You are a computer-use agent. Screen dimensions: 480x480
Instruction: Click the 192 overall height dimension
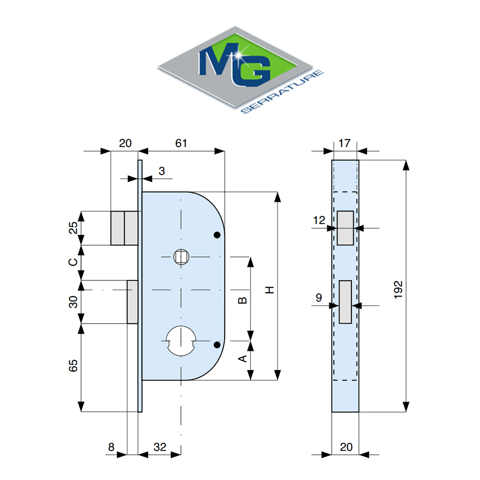pyautogui.click(x=398, y=289)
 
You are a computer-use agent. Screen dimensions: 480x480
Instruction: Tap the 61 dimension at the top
pyautogui.click(x=181, y=143)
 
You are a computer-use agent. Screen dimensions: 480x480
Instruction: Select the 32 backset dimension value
pyautogui.click(x=160, y=447)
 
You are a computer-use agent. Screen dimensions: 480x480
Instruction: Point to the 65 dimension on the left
pyautogui.click(x=73, y=365)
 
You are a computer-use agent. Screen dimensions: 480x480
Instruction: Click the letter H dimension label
pyautogui.click(x=269, y=290)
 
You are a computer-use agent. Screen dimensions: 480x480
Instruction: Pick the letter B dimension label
pyautogui.click(x=242, y=300)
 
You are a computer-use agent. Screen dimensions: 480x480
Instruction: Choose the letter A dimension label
pyautogui.click(x=242, y=359)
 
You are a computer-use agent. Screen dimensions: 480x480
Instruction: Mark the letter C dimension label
pyautogui.click(x=73, y=262)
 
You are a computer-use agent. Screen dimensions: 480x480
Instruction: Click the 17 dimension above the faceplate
pyautogui.click(x=344, y=143)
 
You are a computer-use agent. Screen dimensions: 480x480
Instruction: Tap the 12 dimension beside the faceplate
pyautogui.click(x=319, y=220)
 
